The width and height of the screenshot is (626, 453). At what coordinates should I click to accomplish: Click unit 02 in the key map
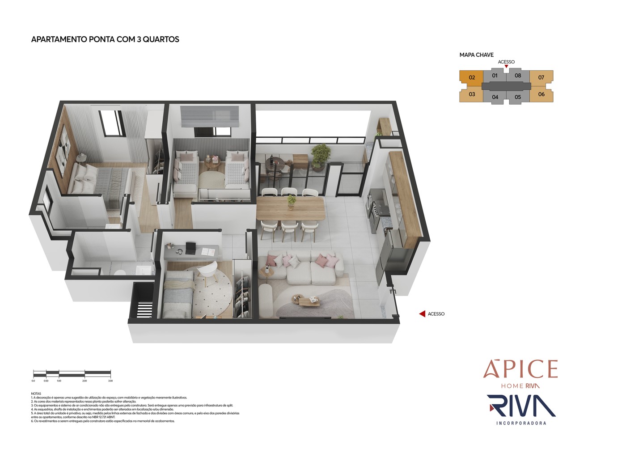471,77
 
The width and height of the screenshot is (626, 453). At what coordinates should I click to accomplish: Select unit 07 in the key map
541,77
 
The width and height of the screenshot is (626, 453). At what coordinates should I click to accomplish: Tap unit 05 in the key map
518,97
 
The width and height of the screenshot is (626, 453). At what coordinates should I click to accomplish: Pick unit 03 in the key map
471,94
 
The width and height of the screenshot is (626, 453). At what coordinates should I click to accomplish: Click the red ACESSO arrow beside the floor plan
422,314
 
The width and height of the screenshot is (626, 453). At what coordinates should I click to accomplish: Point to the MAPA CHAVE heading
476,55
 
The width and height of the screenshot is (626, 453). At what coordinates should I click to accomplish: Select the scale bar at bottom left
72,373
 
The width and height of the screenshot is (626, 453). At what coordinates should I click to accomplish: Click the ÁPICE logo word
520,369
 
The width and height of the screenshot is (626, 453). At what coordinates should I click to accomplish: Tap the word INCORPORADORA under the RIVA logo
521,423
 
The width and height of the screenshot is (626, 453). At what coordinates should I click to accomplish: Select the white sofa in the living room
304,268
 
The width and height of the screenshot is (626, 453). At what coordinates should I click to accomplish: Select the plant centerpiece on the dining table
292,201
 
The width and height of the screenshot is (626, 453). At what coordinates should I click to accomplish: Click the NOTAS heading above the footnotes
36,394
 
